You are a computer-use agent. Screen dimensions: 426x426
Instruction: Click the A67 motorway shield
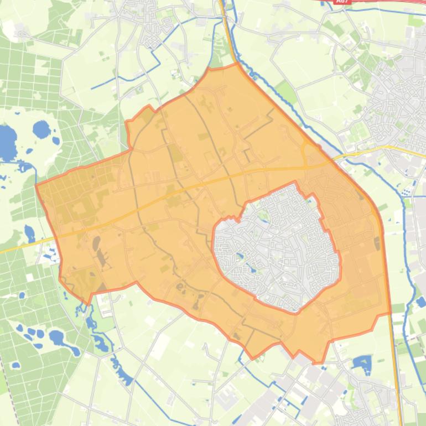342,2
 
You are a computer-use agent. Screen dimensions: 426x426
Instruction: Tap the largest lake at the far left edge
7,143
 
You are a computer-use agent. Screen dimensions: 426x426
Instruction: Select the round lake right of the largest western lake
41,130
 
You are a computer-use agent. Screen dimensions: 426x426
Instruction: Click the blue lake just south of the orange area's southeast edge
362,363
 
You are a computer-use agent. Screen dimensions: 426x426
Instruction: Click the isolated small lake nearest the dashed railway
15,365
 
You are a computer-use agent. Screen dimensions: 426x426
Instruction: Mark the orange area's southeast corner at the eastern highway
390,313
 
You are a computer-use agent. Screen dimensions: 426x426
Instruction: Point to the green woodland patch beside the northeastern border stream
286,91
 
